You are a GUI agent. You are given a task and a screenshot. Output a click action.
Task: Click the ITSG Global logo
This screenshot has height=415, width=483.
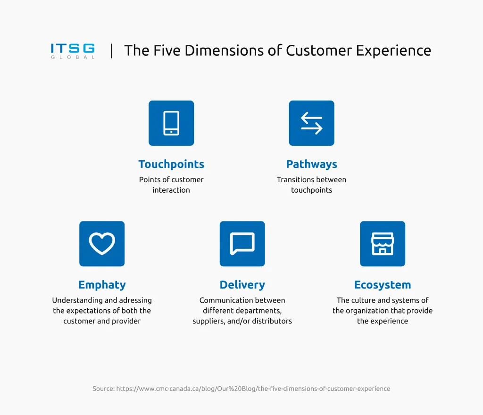point(73,51)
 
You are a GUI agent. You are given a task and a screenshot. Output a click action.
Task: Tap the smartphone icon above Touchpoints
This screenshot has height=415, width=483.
point(171,123)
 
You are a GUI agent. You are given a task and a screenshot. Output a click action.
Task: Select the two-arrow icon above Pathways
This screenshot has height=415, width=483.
point(311,123)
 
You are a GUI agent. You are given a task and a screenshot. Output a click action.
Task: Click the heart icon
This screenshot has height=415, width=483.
point(102,244)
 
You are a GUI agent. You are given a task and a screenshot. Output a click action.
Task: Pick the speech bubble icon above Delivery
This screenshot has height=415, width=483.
point(242,244)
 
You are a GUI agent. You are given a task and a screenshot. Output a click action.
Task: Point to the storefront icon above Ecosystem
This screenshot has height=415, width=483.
point(383,244)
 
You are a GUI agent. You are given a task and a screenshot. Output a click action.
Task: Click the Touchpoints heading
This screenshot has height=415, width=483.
point(171,164)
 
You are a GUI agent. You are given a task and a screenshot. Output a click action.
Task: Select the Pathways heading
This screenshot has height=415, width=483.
point(311,164)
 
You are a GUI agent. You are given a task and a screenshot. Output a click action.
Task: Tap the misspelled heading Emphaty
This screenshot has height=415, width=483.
point(102,285)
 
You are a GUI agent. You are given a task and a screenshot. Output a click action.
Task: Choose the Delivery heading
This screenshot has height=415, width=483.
point(242,285)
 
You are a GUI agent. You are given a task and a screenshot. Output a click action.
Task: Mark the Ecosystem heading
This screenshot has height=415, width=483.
point(383,285)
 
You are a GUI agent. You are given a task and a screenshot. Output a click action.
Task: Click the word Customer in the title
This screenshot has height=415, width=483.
point(319,51)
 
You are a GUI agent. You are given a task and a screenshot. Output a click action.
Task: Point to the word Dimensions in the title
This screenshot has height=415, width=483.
point(224,51)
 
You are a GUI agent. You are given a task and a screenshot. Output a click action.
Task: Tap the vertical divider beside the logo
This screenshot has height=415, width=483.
point(111,51)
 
